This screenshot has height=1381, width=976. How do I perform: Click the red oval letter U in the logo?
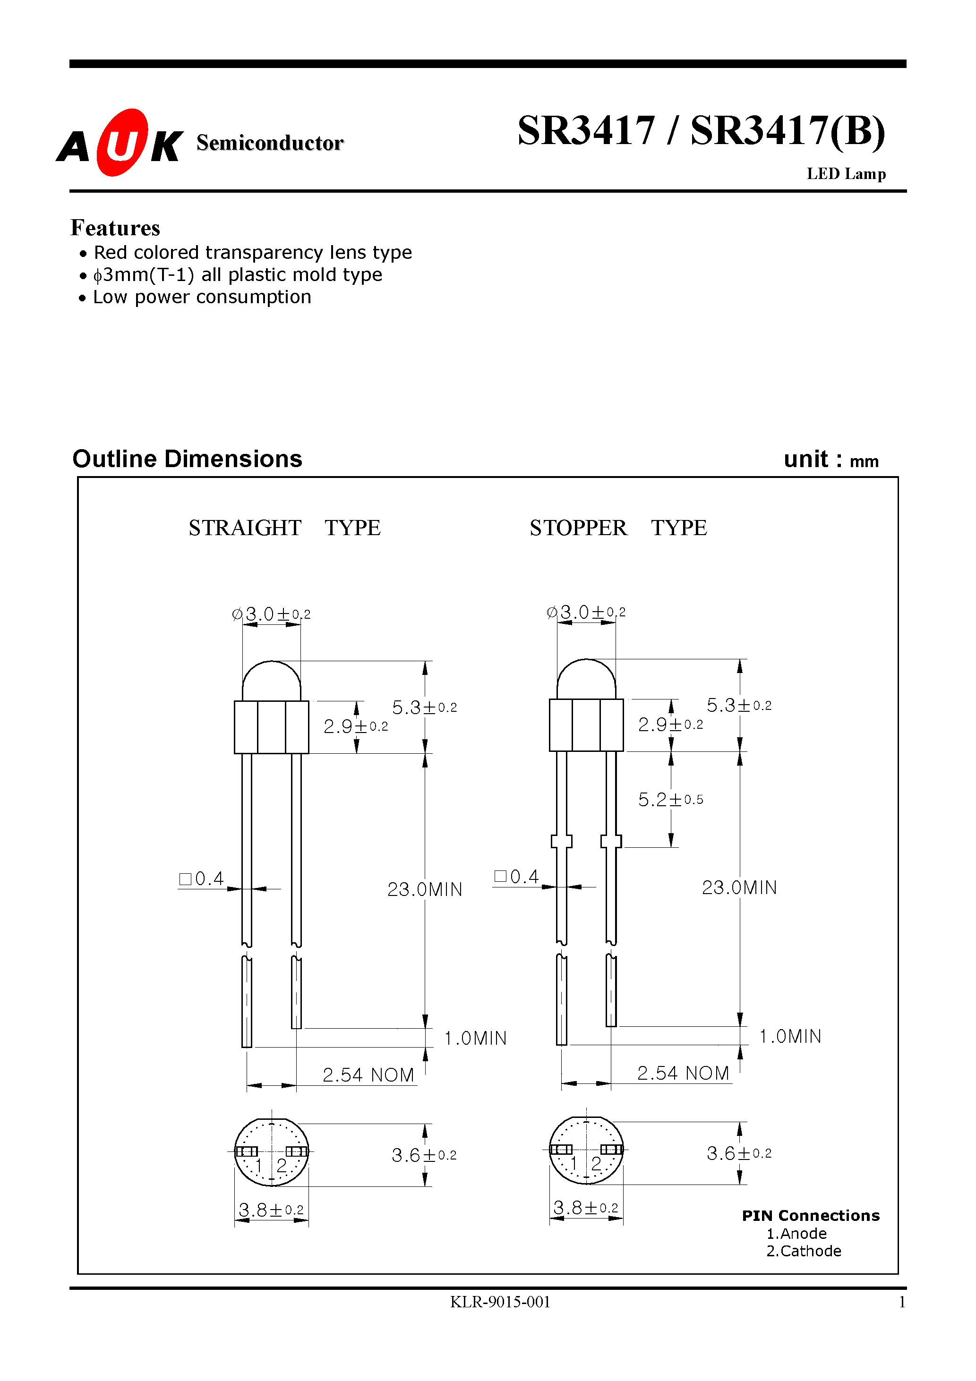point(123,143)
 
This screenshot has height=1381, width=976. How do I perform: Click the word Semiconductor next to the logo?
point(270,143)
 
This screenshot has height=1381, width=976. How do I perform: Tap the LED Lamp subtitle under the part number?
point(846,174)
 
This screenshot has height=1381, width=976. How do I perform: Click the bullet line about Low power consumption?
point(202,297)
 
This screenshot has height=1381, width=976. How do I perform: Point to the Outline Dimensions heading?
point(187,459)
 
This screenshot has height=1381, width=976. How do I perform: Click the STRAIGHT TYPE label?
point(284,528)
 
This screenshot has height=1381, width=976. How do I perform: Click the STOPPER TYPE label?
point(618,528)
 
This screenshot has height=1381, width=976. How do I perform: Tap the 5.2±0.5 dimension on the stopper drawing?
point(670,800)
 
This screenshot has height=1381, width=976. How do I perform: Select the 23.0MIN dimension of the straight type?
point(425,890)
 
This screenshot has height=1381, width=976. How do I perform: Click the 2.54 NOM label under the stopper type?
point(683,1073)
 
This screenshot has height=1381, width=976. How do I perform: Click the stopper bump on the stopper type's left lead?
point(561,841)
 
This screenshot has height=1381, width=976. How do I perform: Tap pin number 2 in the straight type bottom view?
point(282,1166)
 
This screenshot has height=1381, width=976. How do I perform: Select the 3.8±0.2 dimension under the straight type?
point(271,1210)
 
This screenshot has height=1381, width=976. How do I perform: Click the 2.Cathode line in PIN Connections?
point(803,1251)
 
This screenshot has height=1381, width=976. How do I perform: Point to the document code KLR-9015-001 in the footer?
point(500,1302)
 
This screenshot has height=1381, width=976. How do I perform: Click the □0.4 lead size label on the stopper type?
point(516,877)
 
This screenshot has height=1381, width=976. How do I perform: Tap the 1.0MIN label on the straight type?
point(475,1038)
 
